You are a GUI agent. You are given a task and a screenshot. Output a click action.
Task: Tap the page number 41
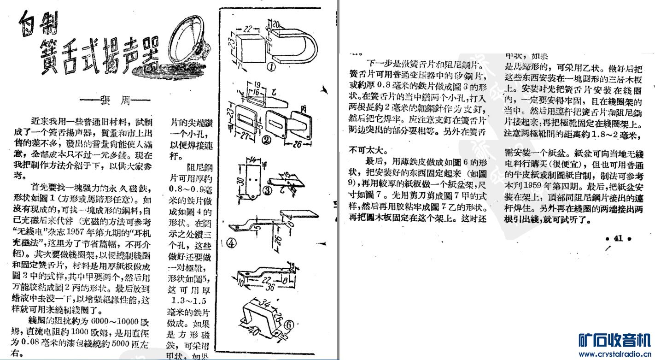pos(618,239)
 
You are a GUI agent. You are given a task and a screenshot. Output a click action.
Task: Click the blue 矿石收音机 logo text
pos(614,340)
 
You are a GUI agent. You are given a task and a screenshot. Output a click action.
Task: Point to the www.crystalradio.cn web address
pos(614,354)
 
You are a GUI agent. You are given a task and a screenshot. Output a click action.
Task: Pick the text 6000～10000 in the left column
pos(113,322)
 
